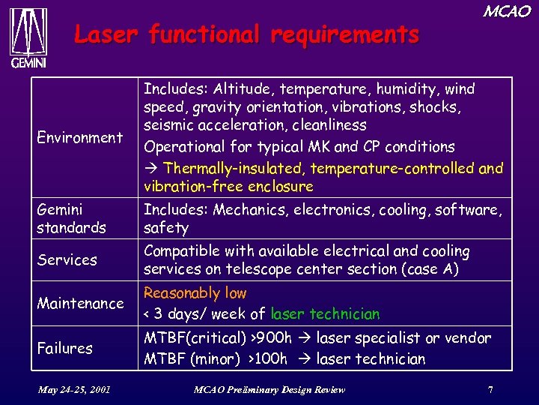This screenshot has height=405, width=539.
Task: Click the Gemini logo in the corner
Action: coord(28,37)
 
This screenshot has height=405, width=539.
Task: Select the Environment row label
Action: coord(79,137)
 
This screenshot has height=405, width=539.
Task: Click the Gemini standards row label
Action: coord(71,218)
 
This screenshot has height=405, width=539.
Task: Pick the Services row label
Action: coord(67,259)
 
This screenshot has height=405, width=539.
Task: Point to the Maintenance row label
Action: coord(80,303)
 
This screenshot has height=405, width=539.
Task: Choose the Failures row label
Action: coord(65,348)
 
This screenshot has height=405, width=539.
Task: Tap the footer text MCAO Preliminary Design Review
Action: coord(269,389)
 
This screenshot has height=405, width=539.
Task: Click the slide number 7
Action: coord(490,389)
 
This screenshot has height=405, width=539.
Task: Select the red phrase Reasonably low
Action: coord(195,293)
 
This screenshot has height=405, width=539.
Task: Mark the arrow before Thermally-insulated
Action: coord(150,168)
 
